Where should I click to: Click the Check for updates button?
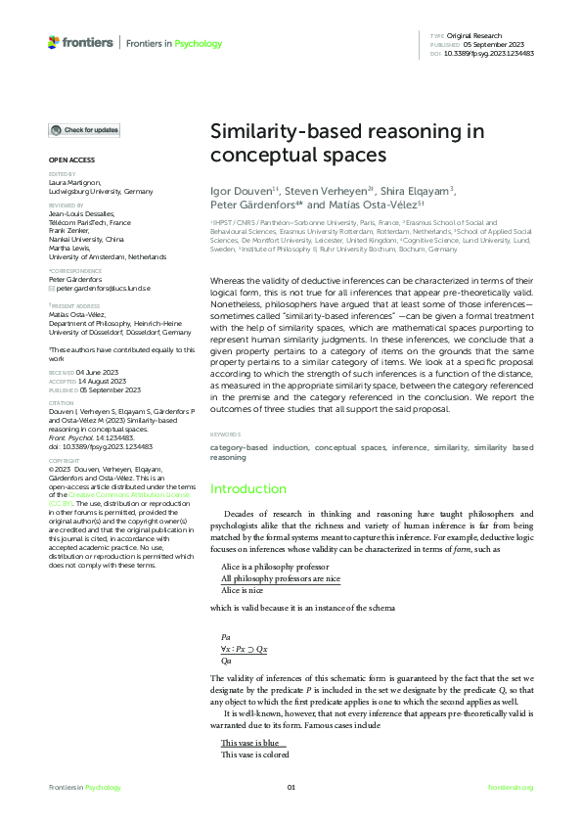pyautogui.click(x=85, y=130)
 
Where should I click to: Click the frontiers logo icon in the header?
pyautogui.click(x=54, y=42)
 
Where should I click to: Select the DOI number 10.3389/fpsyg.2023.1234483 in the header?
pyautogui.click(x=488, y=53)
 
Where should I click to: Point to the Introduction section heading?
pyautogui.click(x=248, y=489)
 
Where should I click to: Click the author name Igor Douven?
pyautogui.click(x=241, y=191)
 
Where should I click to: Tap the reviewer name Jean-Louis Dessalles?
pyautogui.click(x=81, y=212)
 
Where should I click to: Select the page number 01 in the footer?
pyautogui.click(x=291, y=788)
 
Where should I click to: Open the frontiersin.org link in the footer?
pyautogui.click(x=511, y=788)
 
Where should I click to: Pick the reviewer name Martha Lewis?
pyautogui.click(x=69, y=248)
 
